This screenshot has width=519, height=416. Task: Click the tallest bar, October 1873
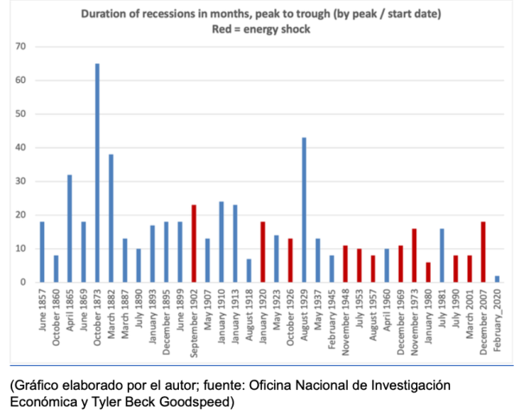coord(96,173)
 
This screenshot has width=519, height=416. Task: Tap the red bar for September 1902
coord(193,244)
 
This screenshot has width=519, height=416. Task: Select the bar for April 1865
coord(68,228)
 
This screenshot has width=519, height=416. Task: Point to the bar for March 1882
coord(110,218)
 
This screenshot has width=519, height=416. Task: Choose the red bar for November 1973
coord(414,255)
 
